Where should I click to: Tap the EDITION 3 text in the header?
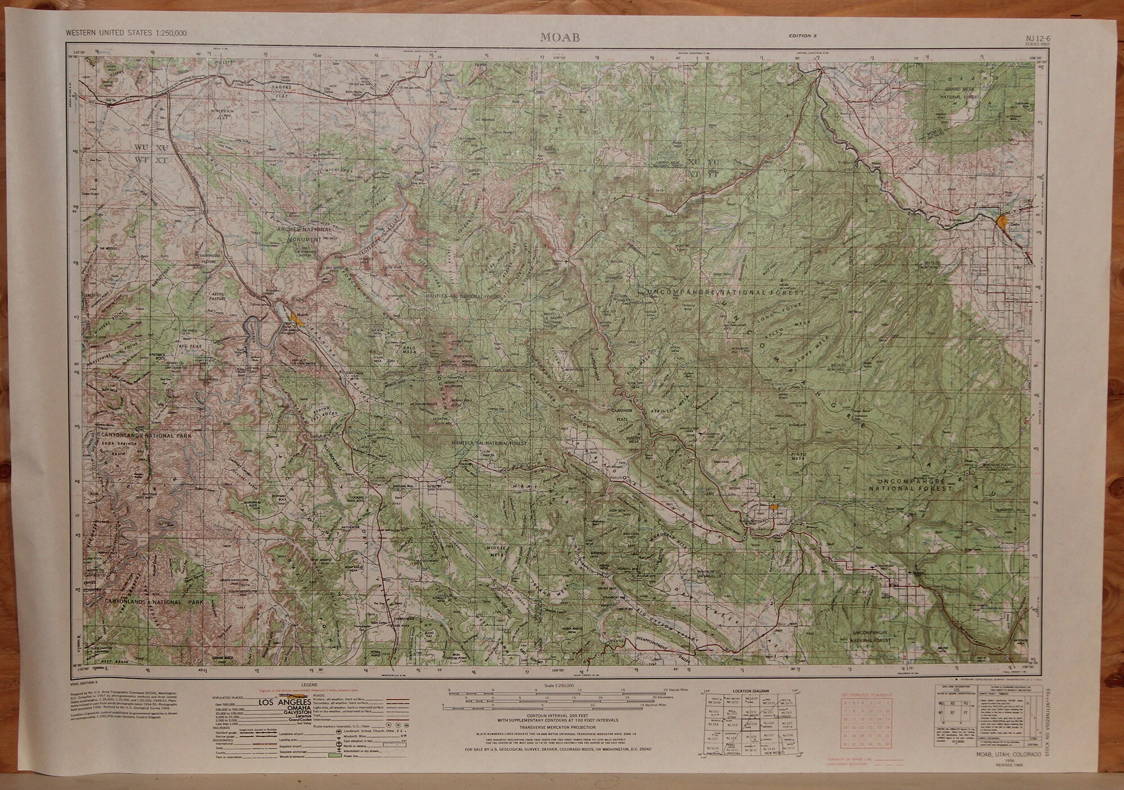pos(802,35)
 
